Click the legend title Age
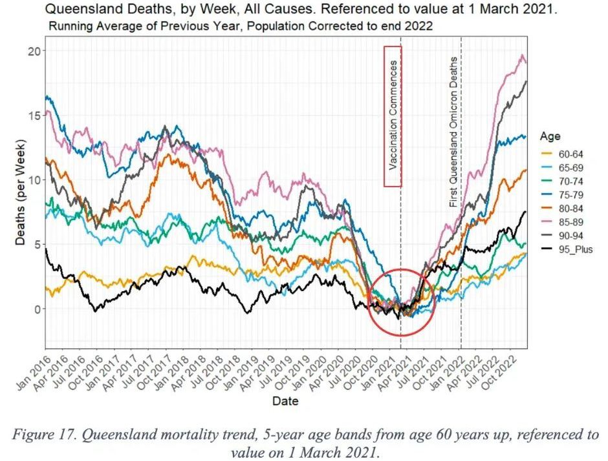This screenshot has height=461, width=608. (x=551, y=137)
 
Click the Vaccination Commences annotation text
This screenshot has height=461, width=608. (x=393, y=116)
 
